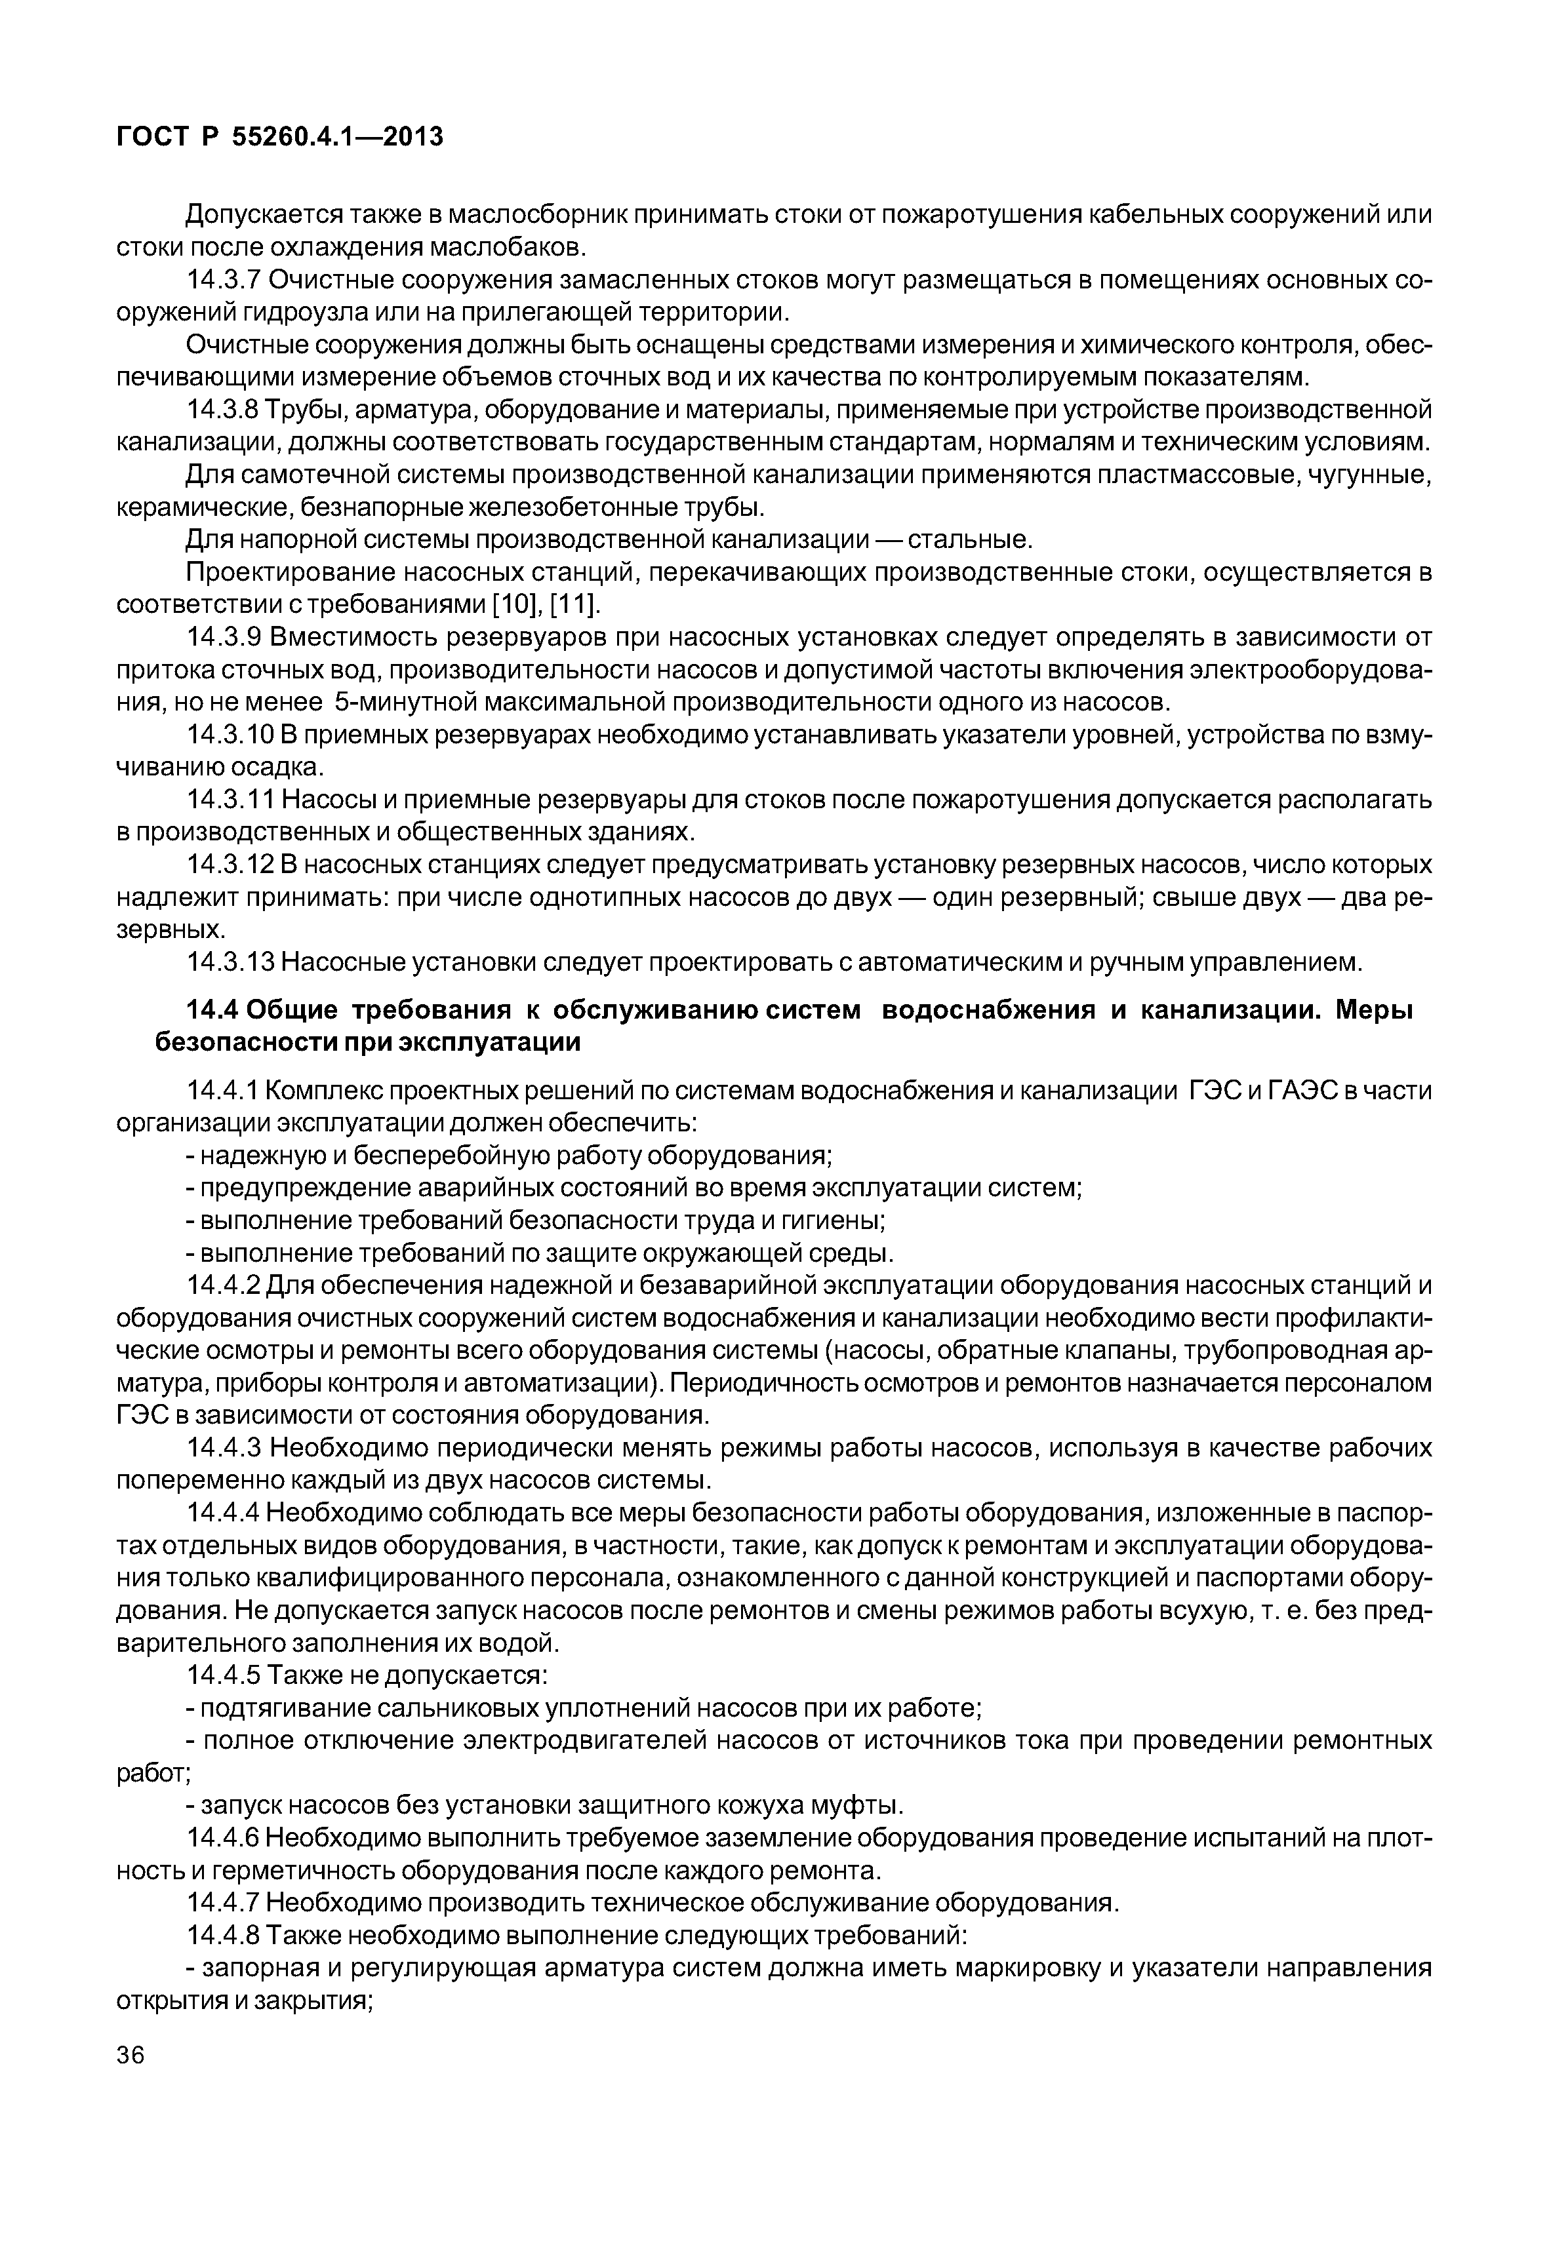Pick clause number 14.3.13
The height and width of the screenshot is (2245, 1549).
[x=231, y=962]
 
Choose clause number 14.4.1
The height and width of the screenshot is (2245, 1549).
[x=223, y=1091]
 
